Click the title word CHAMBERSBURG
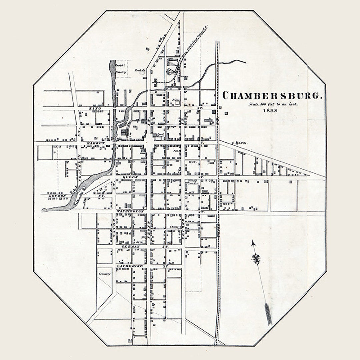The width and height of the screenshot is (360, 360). click(272, 96)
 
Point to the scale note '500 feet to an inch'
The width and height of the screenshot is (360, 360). click(273, 104)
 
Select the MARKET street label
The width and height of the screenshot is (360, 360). click(96, 143)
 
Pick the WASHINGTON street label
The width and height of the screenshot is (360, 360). click(130, 211)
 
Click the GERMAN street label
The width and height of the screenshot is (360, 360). click(130, 246)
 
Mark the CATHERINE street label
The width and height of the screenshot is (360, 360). click(130, 266)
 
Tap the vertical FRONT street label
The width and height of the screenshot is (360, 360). click(148, 230)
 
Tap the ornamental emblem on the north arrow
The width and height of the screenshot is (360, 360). click(256, 259)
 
